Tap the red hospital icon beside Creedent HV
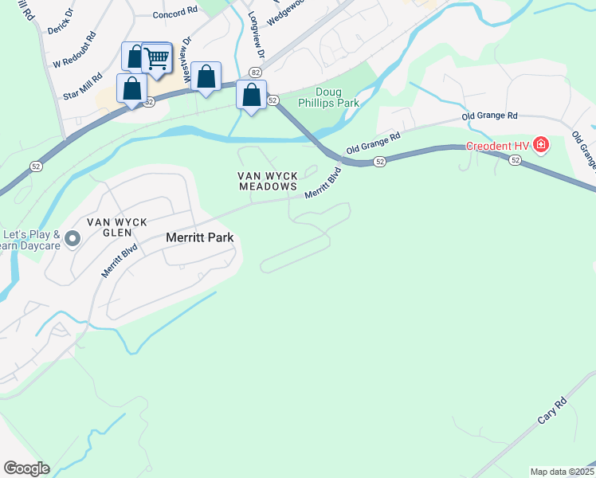point(541,145)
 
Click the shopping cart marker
point(157,57)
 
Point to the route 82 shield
point(254,72)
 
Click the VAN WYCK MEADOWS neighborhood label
point(268,181)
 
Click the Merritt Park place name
point(199,237)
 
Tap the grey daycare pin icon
point(73,238)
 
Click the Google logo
point(26,468)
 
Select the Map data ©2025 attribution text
point(562,472)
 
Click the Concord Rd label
point(174,13)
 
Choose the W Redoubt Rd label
point(74,50)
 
